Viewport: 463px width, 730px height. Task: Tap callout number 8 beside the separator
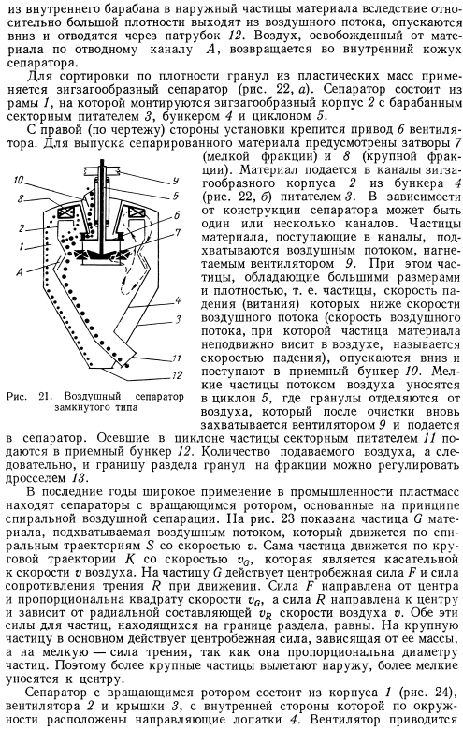coord(20,198)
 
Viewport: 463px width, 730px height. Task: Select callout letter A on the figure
coord(19,272)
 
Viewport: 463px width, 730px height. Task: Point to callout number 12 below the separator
coord(177,374)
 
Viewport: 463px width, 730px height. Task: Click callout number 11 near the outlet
coord(177,359)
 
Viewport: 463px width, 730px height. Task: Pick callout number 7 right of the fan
coord(177,231)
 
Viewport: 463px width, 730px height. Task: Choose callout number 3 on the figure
coord(178,319)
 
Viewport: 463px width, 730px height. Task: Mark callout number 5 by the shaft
coord(176,196)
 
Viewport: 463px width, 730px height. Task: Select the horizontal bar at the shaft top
coord(102,170)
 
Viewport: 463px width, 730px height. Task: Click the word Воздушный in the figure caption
coord(93,397)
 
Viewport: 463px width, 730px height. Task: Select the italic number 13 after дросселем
coord(79,478)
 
